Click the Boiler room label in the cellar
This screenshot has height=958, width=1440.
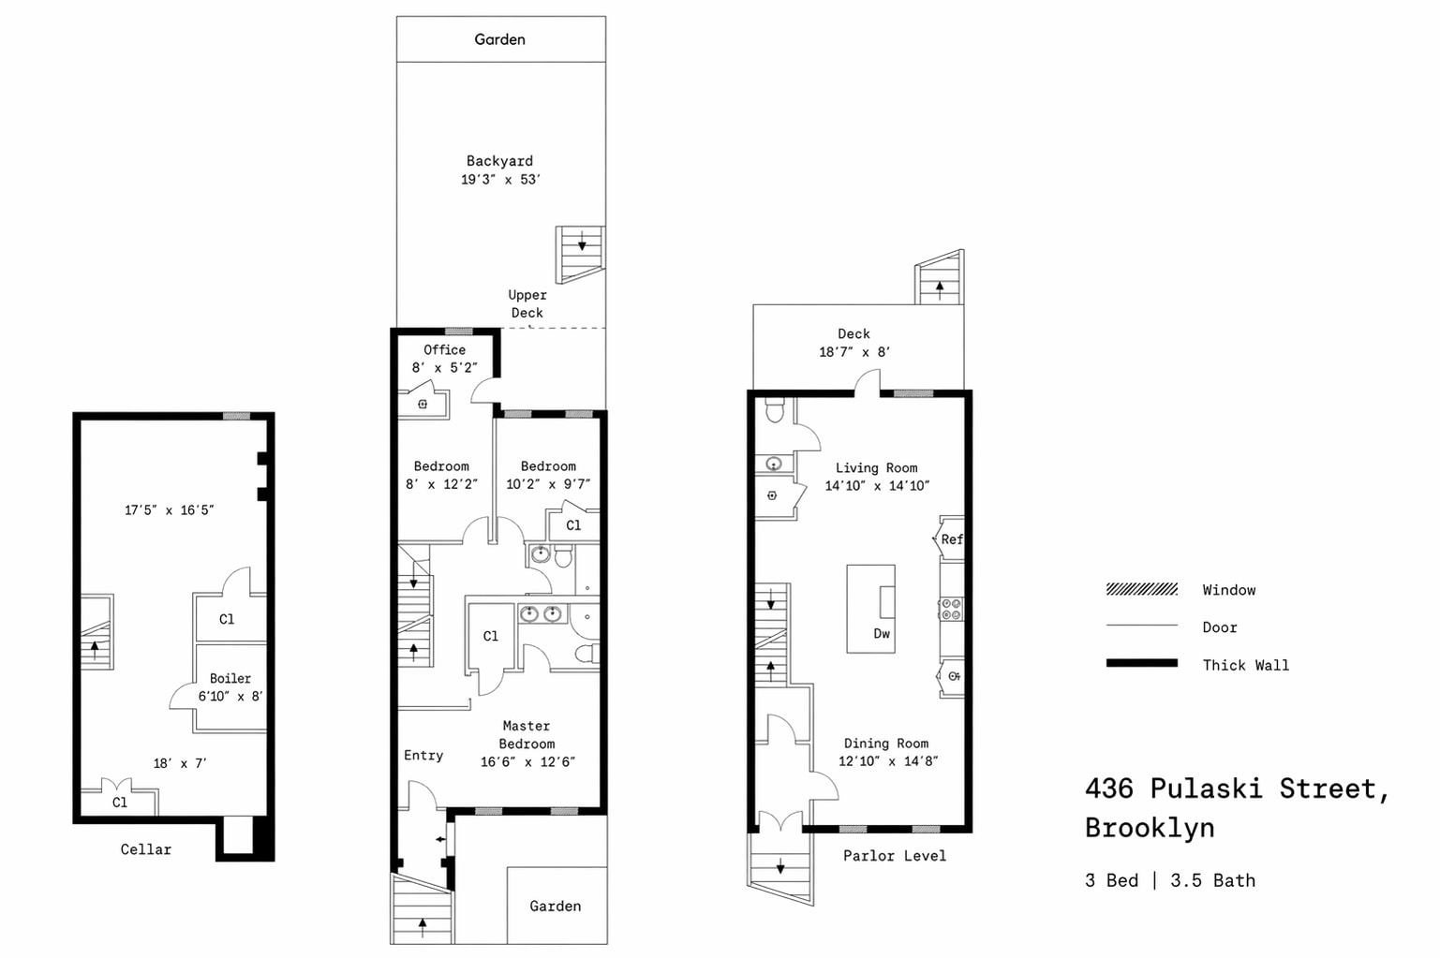click(x=230, y=678)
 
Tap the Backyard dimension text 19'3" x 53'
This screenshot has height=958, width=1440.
click(x=500, y=180)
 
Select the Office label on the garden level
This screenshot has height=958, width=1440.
click(x=444, y=349)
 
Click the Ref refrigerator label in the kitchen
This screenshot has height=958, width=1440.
click(x=951, y=539)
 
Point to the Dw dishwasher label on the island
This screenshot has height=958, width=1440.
click(x=882, y=634)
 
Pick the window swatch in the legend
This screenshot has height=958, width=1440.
click(x=1141, y=589)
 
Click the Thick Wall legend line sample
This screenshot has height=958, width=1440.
click(x=1141, y=663)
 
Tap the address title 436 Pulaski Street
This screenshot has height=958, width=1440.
click(x=1237, y=789)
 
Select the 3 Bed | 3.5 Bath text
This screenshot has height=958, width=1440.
click(x=1169, y=880)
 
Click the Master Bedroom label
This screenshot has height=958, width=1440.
click(x=527, y=734)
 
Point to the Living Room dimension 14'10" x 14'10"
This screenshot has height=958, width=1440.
click(x=877, y=486)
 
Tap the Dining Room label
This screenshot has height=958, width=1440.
click(x=886, y=744)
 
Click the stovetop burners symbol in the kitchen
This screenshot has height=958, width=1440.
click(x=951, y=609)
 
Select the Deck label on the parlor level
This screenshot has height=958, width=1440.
click(x=854, y=333)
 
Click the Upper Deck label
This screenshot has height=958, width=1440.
click(x=527, y=303)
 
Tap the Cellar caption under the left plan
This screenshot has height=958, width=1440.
click(x=146, y=849)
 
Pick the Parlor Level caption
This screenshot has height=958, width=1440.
click(x=894, y=856)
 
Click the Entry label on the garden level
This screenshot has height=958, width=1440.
click(x=423, y=755)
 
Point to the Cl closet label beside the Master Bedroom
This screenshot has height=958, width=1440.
click(x=491, y=636)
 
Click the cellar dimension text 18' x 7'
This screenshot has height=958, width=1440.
click(x=180, y=763)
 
